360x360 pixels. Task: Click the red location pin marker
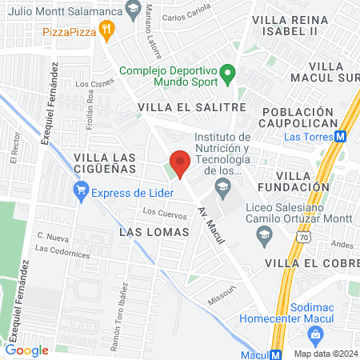coord(180,163)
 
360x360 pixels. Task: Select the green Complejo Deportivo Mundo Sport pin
coord(227,77)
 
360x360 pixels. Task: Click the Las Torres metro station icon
coord(342,136)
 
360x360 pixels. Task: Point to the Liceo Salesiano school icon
coord(262,234)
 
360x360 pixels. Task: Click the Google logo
coord(26,350)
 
